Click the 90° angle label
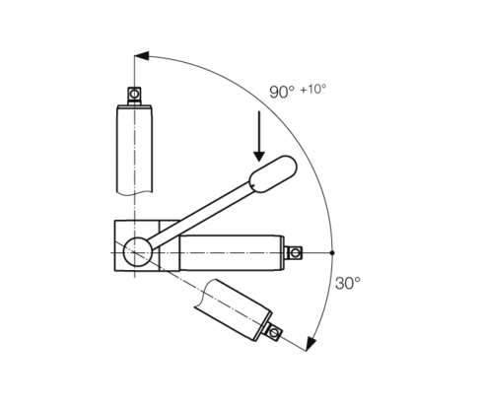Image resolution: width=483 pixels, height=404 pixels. [x=282, y=92]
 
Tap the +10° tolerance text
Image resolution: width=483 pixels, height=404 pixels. [x=313, y=89]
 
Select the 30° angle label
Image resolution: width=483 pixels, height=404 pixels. [x=348, y=283]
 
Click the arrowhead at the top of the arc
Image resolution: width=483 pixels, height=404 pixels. [x=142, y=56]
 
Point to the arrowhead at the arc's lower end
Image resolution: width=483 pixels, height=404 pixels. [x=310, y=344]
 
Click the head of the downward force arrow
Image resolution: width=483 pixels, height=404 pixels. [x=259, y=157]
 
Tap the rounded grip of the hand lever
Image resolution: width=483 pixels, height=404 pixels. [x=273, y=174]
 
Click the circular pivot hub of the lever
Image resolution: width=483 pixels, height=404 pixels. [x=137, y=251]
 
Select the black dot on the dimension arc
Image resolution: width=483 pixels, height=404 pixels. [x=332, y=252]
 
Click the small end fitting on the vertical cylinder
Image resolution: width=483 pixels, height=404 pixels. [x=134, y=96]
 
